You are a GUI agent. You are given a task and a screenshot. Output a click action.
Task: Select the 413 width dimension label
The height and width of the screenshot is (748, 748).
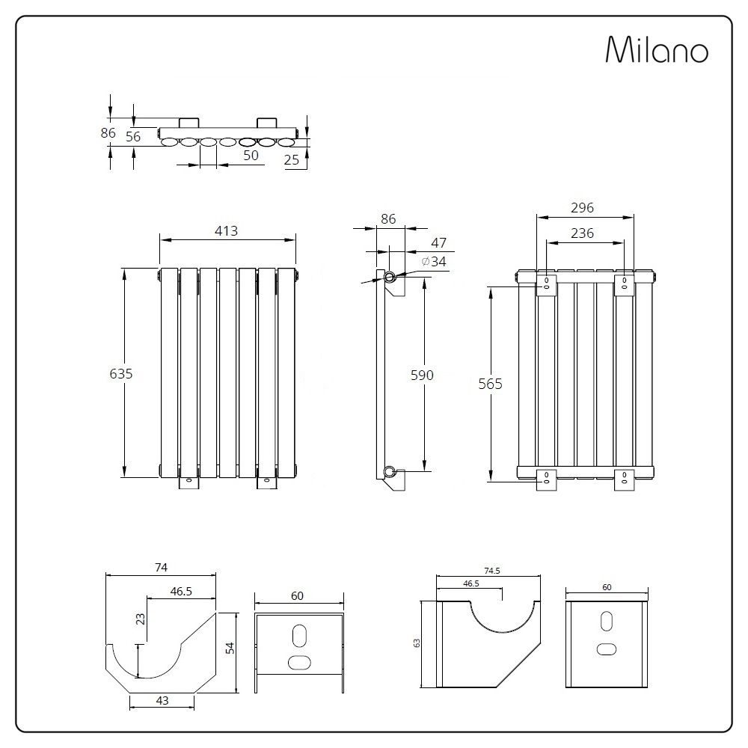226,231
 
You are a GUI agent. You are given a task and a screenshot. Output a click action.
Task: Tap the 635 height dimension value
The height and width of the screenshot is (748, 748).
120,373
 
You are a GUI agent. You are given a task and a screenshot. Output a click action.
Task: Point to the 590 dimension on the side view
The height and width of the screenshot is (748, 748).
422,375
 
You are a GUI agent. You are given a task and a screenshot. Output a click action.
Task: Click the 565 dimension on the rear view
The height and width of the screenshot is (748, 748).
491,384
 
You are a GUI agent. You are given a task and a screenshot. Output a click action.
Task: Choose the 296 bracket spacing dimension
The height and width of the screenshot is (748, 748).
582,209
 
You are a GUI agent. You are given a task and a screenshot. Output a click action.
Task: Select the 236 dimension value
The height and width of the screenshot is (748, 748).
582,233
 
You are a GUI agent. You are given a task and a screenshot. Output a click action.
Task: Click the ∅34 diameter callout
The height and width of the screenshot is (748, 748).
434,261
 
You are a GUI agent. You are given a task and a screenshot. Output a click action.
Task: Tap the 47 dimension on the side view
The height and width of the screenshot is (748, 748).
439,243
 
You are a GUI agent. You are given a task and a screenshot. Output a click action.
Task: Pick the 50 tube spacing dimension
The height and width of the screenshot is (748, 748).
251,155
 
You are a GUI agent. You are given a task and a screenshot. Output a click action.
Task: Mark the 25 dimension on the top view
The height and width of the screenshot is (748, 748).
292,159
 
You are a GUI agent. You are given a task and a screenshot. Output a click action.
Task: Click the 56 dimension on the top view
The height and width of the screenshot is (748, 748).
133,136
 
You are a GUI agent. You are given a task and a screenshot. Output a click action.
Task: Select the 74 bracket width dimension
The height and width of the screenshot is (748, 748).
161,567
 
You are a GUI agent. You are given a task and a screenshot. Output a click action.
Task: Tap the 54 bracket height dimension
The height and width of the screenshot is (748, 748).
231,648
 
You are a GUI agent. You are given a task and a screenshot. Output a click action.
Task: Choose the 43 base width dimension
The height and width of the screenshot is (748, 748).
162,701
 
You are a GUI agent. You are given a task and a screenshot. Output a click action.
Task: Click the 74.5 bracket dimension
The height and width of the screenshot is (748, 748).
491,570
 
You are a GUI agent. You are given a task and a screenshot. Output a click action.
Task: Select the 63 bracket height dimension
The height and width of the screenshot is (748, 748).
417,643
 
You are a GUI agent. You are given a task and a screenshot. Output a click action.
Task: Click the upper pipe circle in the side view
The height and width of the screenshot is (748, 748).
390,278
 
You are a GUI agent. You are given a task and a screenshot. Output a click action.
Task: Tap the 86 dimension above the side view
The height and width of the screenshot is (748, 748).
388,219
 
